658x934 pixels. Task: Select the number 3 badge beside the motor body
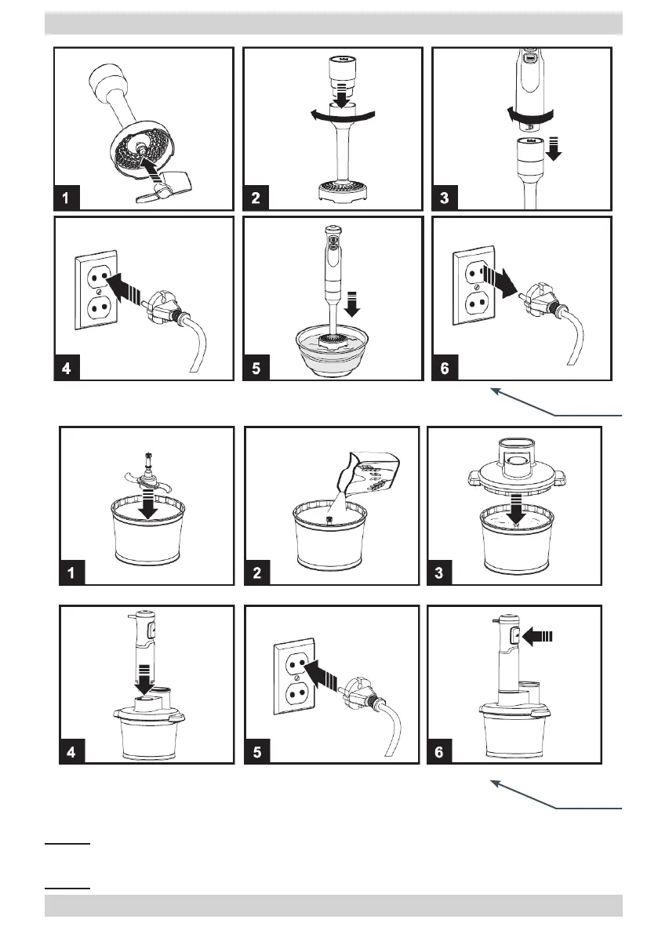click(444, 198)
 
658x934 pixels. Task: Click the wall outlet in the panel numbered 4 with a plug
click(96, 290)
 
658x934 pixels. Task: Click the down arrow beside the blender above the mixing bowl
click(352, 303)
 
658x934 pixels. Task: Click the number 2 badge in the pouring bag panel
click(256, 572)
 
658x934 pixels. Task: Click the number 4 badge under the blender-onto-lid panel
click(71, 751)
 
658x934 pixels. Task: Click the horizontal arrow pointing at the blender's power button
click(538, 636)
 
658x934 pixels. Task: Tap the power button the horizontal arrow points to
click(514, 637)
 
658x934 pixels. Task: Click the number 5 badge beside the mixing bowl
click(256, 368)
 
